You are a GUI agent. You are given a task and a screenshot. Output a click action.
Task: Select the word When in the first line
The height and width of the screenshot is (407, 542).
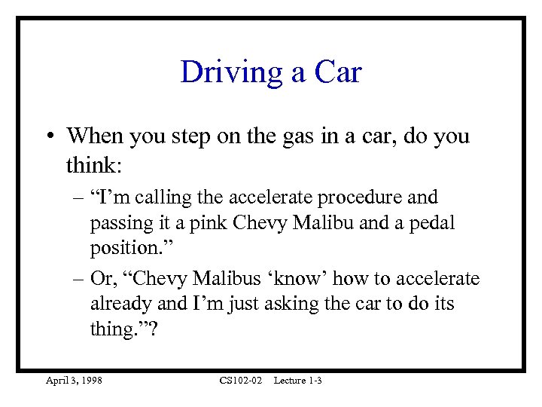93,136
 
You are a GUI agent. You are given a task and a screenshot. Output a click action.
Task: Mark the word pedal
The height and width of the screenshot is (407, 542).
428,224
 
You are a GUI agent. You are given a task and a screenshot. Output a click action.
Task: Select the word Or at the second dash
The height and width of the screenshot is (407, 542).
101,278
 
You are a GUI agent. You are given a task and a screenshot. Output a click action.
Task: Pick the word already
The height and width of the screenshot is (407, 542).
119,304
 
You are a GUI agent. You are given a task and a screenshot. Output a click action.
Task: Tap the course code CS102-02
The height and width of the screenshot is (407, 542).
241,381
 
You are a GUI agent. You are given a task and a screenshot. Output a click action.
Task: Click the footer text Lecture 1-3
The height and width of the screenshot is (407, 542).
298,381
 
